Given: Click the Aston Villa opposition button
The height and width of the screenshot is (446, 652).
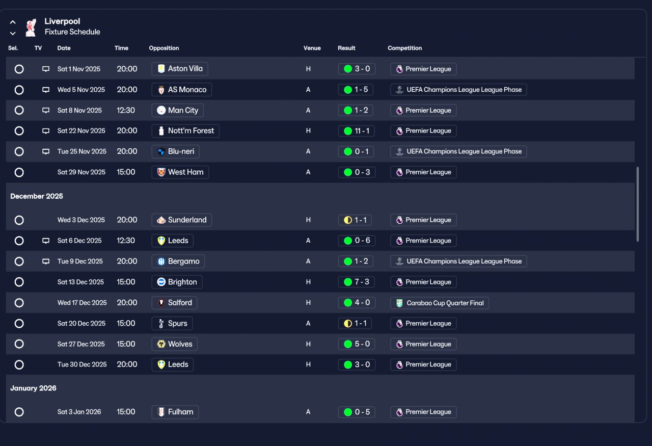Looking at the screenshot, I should (x=180, y=69).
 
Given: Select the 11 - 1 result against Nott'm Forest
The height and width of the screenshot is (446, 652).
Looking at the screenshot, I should (x=356, y=131).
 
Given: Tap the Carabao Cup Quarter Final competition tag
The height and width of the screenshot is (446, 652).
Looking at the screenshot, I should (x=440, y=303).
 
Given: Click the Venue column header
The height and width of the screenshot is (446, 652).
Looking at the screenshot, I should (x=312, y=48).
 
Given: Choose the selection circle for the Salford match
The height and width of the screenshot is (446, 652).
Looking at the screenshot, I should (x=19, y=303).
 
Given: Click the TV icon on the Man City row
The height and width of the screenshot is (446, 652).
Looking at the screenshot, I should (x=46, y=110).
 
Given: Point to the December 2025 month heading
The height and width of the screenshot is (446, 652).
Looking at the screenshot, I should (x=37, y=196).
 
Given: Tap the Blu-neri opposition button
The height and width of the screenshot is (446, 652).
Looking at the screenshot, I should (x=175, y=151).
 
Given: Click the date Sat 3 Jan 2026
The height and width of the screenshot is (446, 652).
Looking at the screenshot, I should (x=79, y=412).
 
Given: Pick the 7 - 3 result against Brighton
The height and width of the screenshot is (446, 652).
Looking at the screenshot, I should (x=356, y=282).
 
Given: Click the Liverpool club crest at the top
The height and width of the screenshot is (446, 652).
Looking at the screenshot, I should (x=31, y=27).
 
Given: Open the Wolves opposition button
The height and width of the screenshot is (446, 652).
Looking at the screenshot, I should (x=174, y=344).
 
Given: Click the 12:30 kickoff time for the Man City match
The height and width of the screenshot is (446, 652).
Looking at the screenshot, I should (x=126, y=110).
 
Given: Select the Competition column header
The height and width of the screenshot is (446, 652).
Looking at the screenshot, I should (x=404, y=48).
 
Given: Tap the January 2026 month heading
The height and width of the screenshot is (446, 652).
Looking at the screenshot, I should (x=33, y=388).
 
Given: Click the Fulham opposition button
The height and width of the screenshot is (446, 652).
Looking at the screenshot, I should (x=175, y=412).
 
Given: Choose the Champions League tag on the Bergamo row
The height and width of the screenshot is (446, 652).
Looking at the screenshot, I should (x=458, y=261).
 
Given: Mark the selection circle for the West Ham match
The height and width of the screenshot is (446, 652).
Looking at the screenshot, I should (x=19, y=172).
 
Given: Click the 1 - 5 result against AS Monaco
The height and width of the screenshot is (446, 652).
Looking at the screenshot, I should (x=356, y=90).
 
